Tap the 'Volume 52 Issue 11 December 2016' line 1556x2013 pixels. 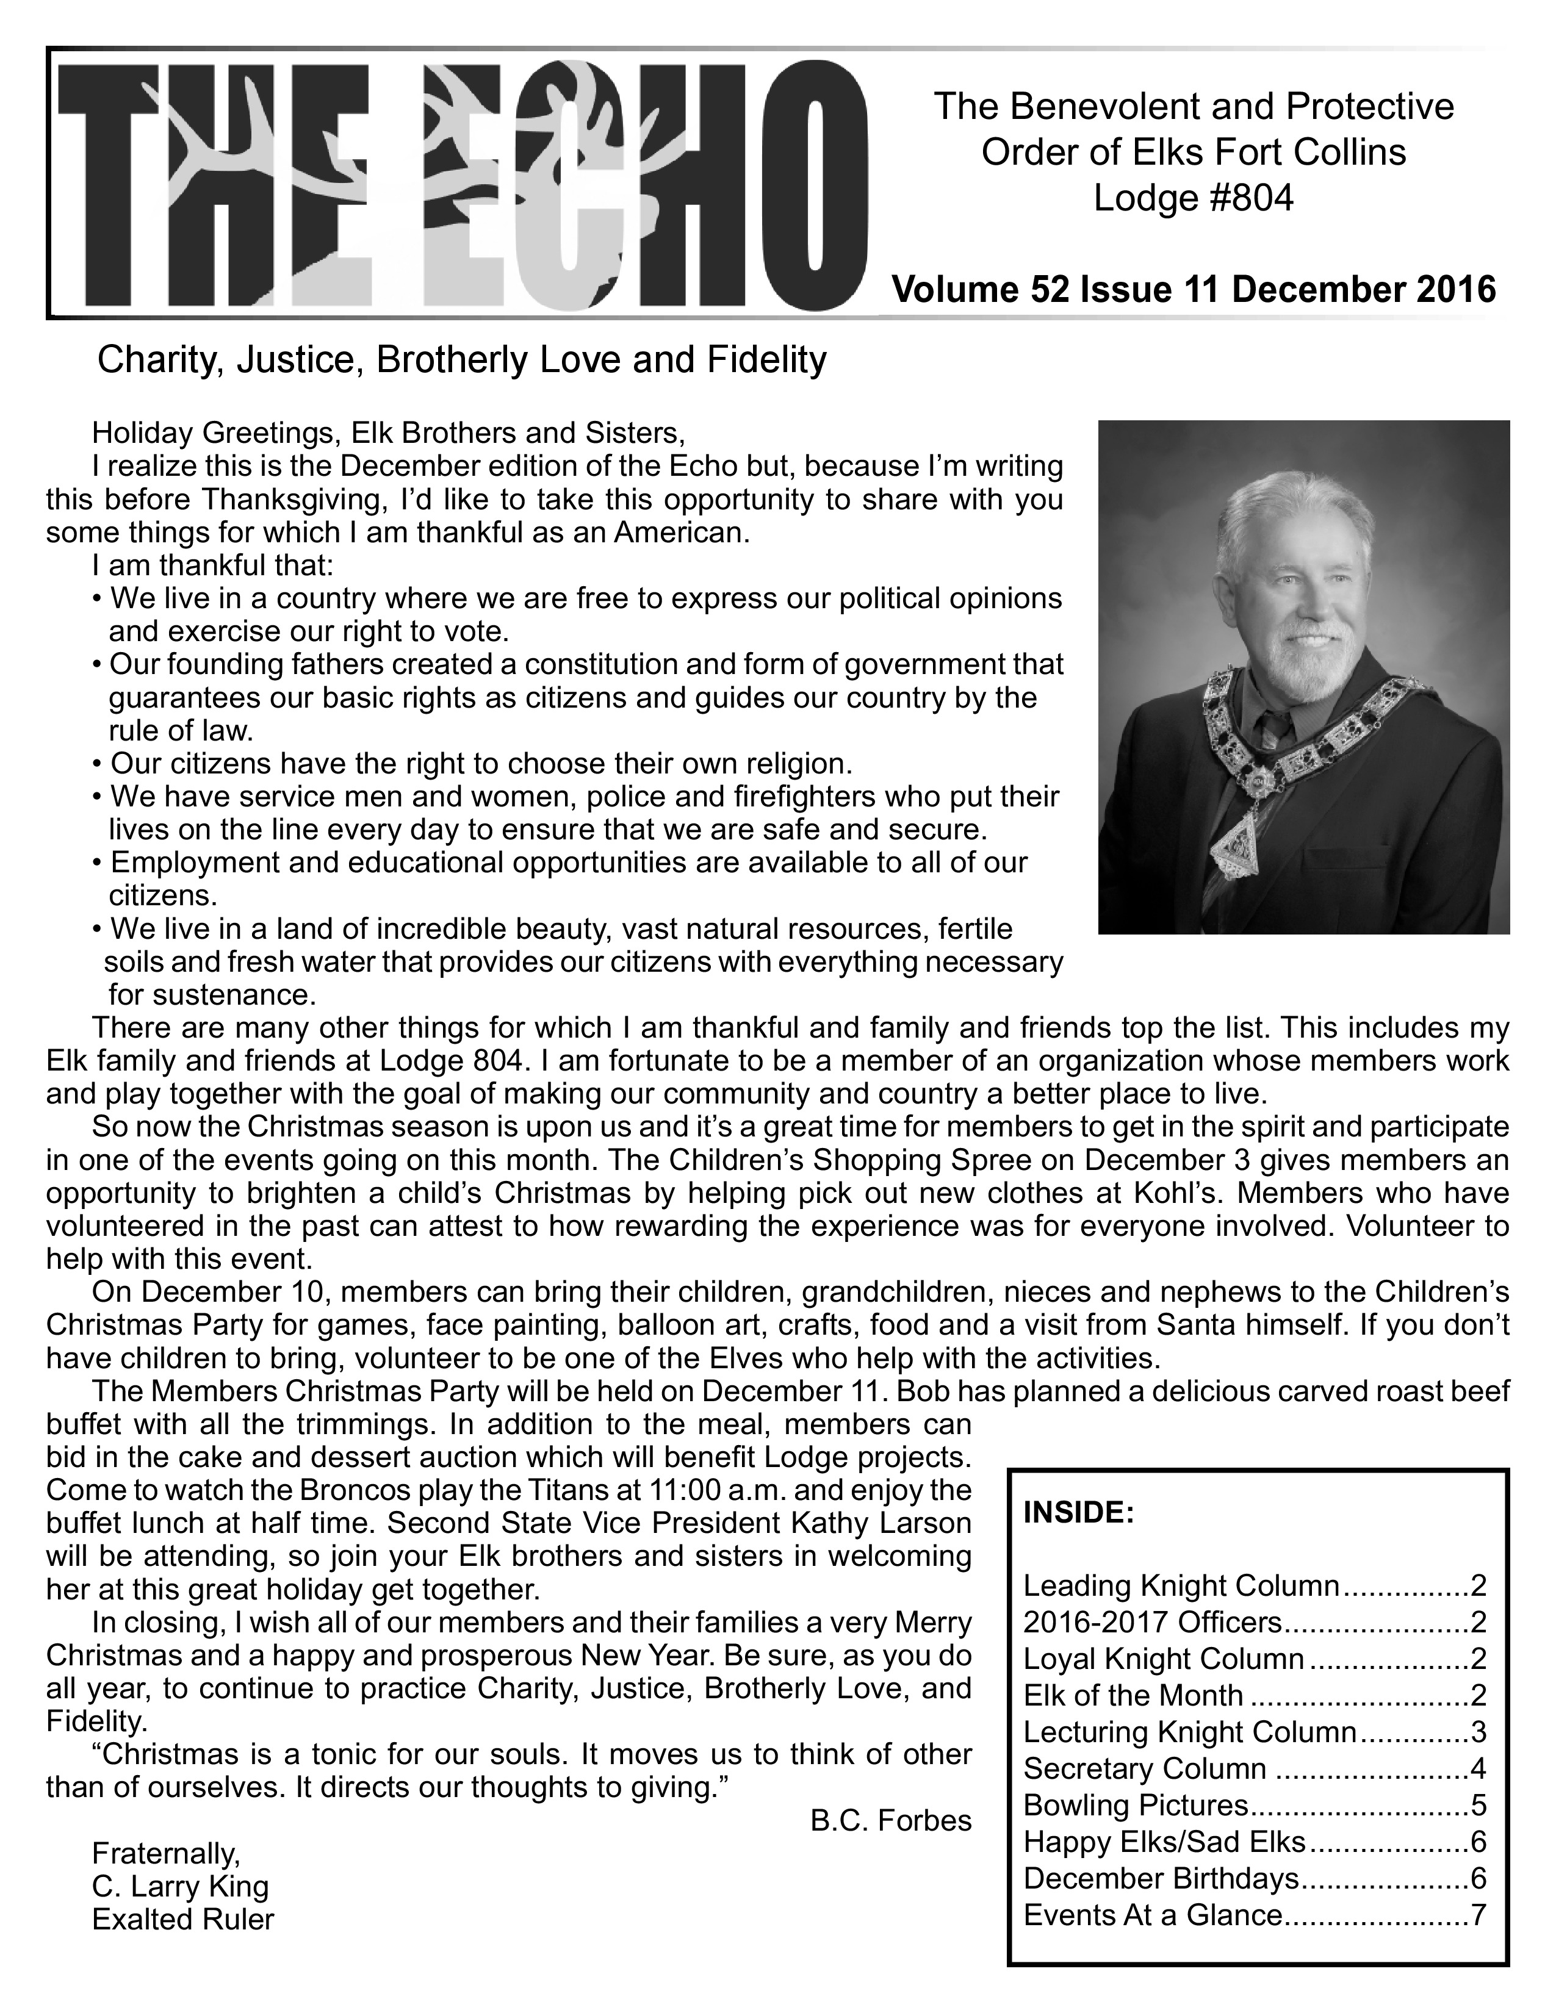click(1193, 289)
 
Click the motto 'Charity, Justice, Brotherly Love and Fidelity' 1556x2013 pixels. click(462, 359)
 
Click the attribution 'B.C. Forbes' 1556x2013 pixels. click(890, 1820)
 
